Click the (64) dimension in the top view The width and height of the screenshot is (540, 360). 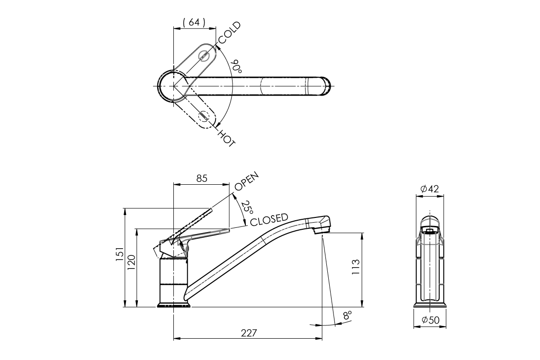coord(194,22)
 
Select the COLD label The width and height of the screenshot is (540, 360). coord(229,33)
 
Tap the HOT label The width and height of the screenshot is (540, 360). coord(226,137)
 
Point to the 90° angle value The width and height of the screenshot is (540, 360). coord(236,66)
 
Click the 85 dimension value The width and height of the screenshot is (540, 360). coord(201,179)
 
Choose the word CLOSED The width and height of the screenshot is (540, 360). coord(269,219)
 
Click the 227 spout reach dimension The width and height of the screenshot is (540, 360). coord(248,333)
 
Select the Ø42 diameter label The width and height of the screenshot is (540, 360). coord(430,189)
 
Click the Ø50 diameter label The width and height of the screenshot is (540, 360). coord(430,320)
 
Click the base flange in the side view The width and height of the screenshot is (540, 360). coord(174,305)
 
